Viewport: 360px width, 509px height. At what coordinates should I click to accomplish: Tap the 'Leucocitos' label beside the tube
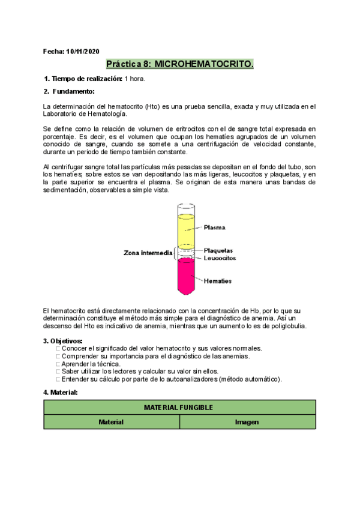pos(220,258)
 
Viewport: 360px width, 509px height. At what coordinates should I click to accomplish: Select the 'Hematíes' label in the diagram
pos(217,281)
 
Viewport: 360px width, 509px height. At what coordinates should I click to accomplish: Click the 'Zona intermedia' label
pos(149,253)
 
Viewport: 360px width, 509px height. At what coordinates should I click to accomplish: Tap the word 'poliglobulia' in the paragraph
pos(288,326)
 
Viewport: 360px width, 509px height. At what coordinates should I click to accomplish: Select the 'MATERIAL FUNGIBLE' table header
pos(179,407)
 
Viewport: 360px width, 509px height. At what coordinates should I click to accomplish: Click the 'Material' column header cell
pos(112,422)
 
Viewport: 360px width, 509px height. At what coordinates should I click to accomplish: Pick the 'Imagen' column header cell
pos(247,422)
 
